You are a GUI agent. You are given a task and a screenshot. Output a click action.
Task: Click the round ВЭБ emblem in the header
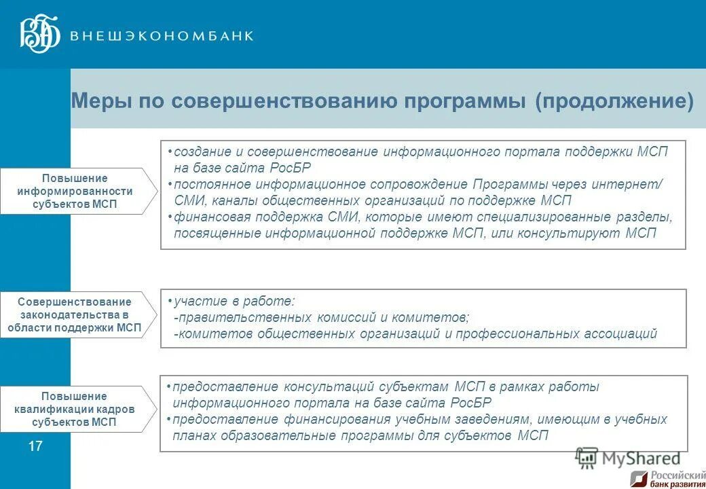tap(40, 35)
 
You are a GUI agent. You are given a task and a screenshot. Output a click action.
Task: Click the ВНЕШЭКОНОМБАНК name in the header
tap(162, 36)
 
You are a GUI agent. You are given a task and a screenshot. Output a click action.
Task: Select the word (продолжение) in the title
tap(614, 102)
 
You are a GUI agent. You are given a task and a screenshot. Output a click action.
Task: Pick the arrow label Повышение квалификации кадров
tap(75, 409)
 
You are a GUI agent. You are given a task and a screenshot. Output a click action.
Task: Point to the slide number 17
tap(35, 446)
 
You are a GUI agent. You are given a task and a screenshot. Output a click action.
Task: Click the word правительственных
tap(243, 317)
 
